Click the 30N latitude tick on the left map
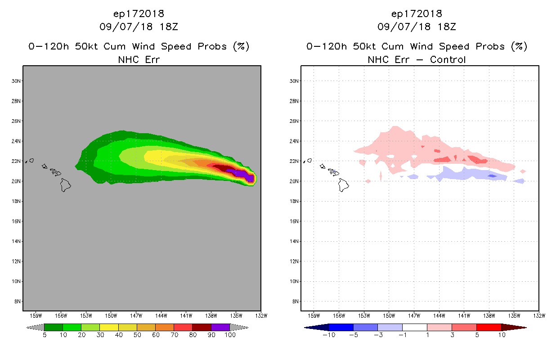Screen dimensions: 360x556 [x=18, y=81]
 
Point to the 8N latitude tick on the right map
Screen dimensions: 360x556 [x=296, y=301]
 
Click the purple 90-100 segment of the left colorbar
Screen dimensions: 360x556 [x=220, y=327]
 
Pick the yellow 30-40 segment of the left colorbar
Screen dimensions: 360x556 [x=109, y=327]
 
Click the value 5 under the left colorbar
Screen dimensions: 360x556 [x=45, y=335]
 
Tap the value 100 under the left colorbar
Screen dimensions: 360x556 [x=230, y=335]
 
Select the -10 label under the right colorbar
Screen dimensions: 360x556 [x=329, y=335]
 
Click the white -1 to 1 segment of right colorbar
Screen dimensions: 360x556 [x=414, y=327]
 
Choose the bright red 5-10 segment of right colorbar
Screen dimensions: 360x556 [x=489, y=327]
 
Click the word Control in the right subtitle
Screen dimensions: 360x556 [x=448, y=59]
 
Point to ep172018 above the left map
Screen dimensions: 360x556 [x=139, y=13]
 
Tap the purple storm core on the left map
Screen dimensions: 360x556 [x=245, y=174]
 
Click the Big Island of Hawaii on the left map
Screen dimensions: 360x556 [x=66, y=184]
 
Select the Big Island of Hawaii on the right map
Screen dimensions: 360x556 [x=344, y=184]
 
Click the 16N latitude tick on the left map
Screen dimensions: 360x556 [x=18, y=221]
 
